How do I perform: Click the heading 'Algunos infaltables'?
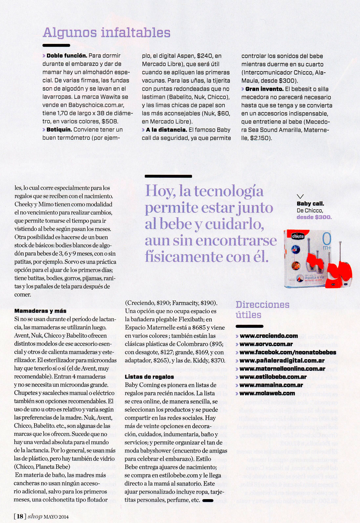click(107, 32)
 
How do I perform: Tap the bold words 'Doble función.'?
click(67, 56)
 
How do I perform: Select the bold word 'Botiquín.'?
click(59, 130)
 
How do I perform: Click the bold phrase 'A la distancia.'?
click(166, 130)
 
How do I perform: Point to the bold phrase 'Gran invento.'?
click(264, 89)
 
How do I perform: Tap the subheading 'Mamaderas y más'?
click(40, 311)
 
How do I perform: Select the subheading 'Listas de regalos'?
click(149, 377)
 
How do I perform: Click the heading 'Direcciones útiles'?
click(262, 309)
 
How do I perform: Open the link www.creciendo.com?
click(269, 336)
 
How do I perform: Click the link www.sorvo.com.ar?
click(266, 344)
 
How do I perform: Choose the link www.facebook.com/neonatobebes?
click(288, 352)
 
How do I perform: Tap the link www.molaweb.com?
click(267, 393)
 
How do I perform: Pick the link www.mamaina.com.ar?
click(271, 385)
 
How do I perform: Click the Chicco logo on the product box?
click(298, 236)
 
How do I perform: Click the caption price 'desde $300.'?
click(314, 217)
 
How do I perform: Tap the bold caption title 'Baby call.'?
click(310, 204)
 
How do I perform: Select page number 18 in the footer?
click(20, 516)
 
